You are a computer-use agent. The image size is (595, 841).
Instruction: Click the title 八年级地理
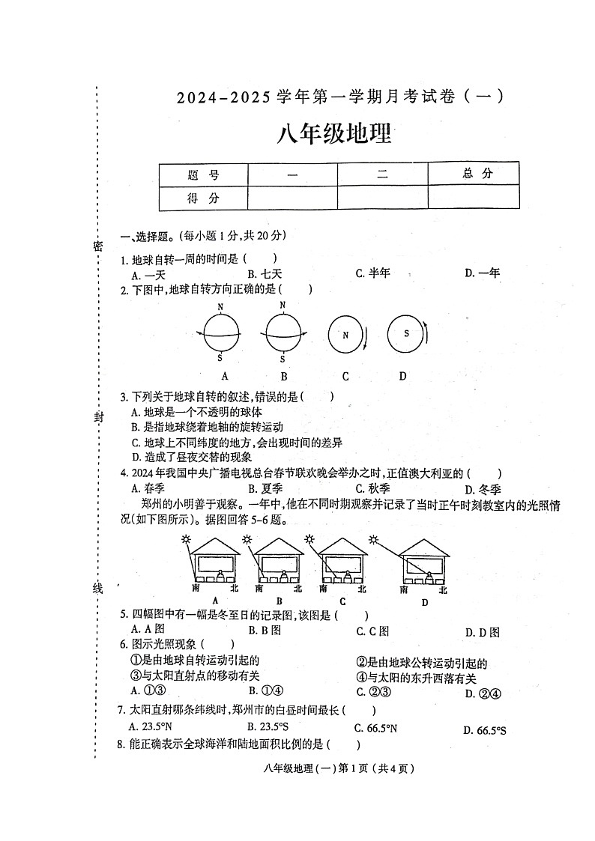[335, 136]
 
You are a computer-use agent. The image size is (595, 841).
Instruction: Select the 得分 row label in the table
[203, 198]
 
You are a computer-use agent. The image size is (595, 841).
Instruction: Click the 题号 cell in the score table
[203, 174]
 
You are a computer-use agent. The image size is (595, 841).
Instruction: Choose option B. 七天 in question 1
[265, 273]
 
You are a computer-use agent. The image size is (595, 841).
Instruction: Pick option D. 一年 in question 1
[482, 273]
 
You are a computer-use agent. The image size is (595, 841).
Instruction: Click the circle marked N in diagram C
[345, 335]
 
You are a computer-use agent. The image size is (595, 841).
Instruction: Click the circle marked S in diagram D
[406, 333]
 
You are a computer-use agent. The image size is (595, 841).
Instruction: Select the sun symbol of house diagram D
[372, 539]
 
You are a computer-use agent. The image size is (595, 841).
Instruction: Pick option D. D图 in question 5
[482, 632]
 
